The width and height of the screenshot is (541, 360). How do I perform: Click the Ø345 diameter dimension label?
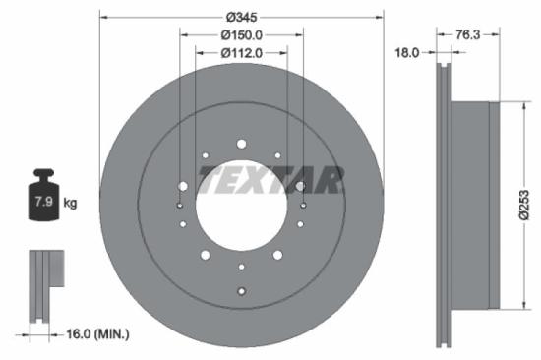coord(241,17)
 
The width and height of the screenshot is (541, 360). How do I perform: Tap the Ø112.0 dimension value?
coord(241,53)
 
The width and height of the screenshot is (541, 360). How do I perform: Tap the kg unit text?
coord(70,204)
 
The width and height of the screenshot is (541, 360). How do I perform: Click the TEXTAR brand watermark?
coord(271,179)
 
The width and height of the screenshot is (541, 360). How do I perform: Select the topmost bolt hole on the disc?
coord(241,144)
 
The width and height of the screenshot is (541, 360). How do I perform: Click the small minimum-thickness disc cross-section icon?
coord(45,285)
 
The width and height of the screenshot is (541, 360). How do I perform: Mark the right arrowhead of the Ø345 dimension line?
coord(379,17)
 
